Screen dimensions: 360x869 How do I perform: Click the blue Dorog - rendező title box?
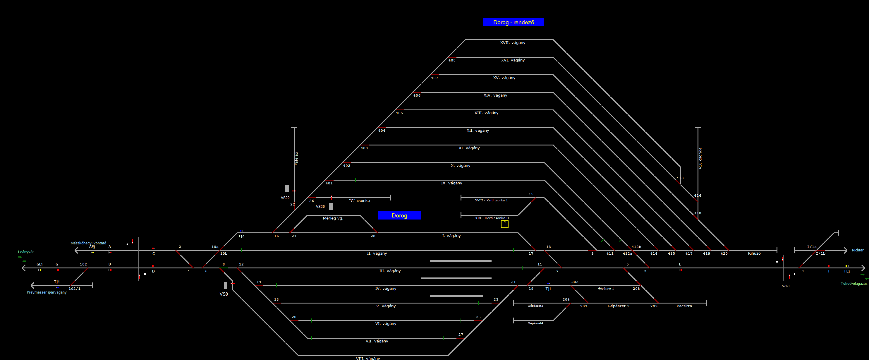pyautogui.click(x=513, y=22)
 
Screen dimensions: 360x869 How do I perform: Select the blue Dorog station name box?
pyautogui.click(x=399, y=215)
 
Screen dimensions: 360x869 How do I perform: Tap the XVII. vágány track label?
pyautogui.click(x=512, y=42)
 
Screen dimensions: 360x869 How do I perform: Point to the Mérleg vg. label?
pyautogui.click(x=333, y=218)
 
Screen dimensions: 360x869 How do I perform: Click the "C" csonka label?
pyautogui.click(x=359, y=201)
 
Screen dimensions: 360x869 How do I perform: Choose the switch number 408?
pyautogui.click(x=452, y=60)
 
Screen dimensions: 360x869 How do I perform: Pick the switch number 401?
pyautogui.click(x=329, y=183)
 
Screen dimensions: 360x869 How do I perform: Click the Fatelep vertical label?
pyautogui.click(x=296, y=158)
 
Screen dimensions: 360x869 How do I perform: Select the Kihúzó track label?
pyautogui.click(x=754, y=253)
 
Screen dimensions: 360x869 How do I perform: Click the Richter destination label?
pyautogui.click(x=857, y=250)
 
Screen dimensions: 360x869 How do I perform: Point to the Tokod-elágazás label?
pyautogui.click(x=853, y=283)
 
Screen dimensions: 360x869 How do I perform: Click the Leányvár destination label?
pyautogui.click(x=26, y=252)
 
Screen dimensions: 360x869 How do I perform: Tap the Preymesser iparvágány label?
pyautogui.click(x=47, y=292)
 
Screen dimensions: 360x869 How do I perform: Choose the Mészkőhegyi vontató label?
pyautogui.click(x=88, y=243)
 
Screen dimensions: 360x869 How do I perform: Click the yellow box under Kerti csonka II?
pyautogui.click(x=505, y=224)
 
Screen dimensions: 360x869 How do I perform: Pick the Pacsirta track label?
pyautogui.click(x=684, y=306)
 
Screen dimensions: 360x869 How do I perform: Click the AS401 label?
pyautogui.click(x=785, y=286)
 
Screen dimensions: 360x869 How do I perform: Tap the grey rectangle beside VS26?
pyautogui.click(x=331, y=206)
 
